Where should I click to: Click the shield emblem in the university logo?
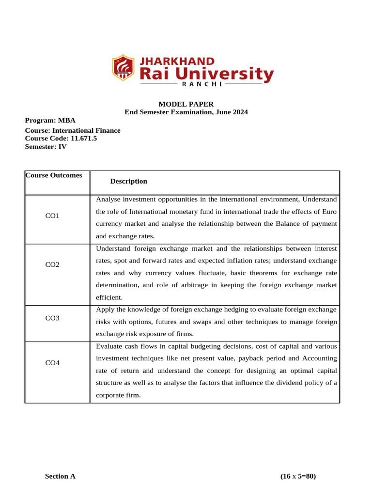(124, 68)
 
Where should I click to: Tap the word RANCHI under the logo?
(201, 84)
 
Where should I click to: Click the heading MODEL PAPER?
(186, 104)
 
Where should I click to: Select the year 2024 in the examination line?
(240, 112)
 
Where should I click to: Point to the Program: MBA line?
(50, 121)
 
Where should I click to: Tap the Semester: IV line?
(46, 146)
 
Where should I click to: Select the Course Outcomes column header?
(54, 175)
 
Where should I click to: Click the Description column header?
(128, 181)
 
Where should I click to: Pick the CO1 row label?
(52, 216)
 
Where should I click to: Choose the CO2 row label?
(52, 264)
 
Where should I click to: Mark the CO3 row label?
(52, 318)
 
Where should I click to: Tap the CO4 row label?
(52, 363)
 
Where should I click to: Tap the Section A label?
(60, 476)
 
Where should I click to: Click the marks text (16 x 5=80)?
(298, 476)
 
